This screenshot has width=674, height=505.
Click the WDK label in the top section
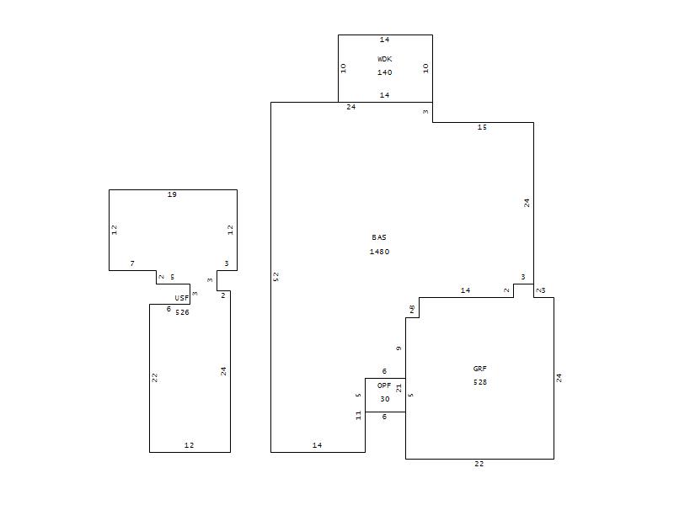pos(385,59)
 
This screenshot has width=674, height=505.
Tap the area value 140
pos(385,72)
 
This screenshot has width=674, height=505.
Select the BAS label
pos(379,237)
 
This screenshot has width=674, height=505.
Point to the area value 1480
pos(380,252)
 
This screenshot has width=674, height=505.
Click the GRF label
pos(479,369)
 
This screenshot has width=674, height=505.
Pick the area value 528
pos(480,382)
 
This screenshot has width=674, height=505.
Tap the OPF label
pos(384,385)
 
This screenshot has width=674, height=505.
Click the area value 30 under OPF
pos(385,399)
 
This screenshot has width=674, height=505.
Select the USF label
pos(181,298)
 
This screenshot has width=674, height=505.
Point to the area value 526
pos(182,312)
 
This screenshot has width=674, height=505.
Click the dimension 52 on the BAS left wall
pos(276,277)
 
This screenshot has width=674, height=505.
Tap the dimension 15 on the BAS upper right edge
pos(482,128)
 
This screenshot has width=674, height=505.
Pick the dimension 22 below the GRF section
pos(479,464)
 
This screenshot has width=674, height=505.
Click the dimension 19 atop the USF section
pos(172,195)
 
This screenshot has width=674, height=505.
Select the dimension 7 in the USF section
pos(132,263)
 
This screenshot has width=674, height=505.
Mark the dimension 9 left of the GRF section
pos(399,348)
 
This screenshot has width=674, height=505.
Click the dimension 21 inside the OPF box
pos(399,388)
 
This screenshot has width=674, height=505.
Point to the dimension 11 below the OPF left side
pos(359,416)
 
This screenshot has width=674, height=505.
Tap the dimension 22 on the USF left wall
pos(155,378)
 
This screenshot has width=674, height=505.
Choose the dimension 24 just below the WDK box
pos(351,108)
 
